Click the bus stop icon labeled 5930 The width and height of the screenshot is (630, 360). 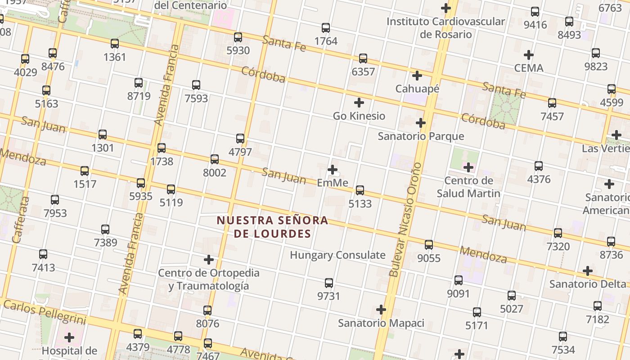[x=238, y=37]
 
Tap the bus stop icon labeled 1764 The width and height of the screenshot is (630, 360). [x=326, y=28]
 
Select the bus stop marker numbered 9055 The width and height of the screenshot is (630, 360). [x=429, y=245]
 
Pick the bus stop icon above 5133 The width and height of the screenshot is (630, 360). [x=360, y=190]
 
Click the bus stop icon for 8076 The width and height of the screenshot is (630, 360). [x=207, y=310]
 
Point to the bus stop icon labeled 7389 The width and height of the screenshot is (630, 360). [x=105, y=229]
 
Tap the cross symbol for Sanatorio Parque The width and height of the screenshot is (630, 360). [x=421, y=123]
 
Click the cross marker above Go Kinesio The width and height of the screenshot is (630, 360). [x=359, y=103]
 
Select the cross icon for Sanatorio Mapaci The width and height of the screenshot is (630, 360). [x=381, y=310]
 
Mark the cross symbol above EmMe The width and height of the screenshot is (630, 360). [x=333, y=170]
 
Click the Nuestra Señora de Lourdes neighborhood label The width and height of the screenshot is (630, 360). [x=272, y=227]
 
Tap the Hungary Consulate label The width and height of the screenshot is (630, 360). [x=337, y=255]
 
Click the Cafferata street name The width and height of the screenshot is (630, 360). [x=21, y=220]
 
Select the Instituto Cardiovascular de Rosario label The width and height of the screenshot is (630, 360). [x=445, y=28]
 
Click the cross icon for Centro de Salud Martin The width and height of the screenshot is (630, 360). [x=468, y=168]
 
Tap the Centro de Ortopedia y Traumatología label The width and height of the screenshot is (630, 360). [x=209, y=279]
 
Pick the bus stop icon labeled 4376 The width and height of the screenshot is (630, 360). [x=539, y=166]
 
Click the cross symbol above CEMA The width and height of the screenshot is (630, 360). [x=529, y=55]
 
